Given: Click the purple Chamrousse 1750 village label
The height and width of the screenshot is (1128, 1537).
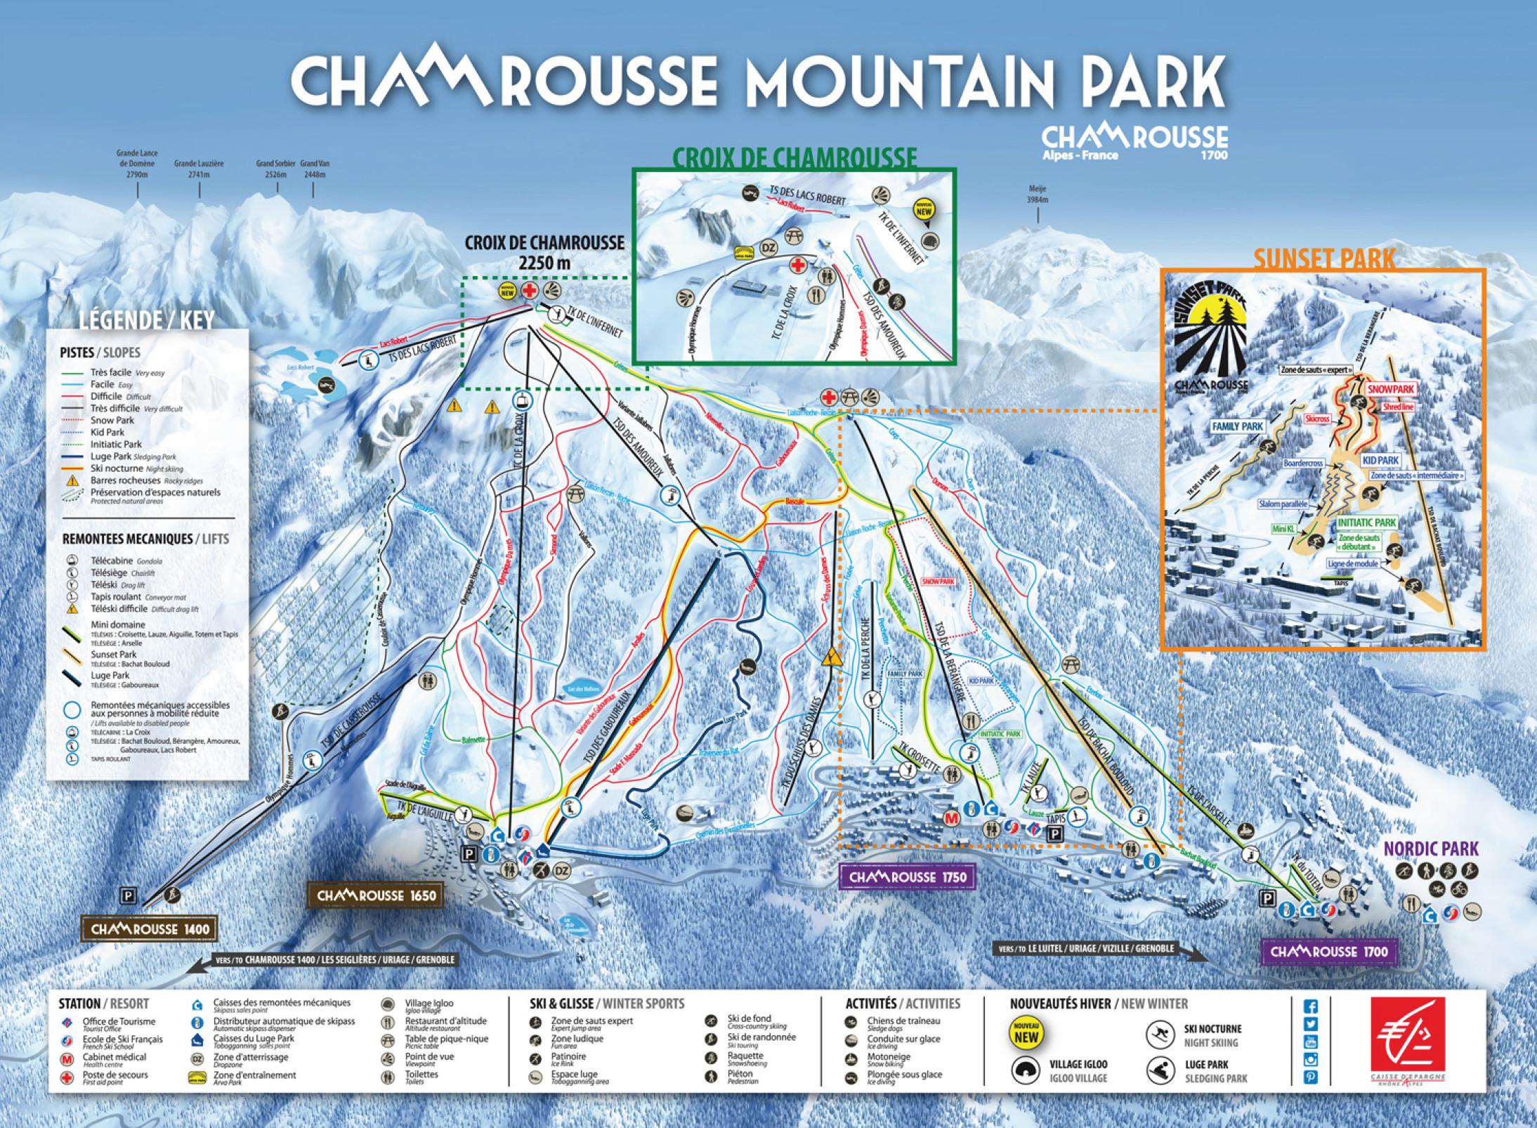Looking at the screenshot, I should coord(908,877).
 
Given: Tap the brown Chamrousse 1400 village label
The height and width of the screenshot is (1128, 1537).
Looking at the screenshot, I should coord(150,929).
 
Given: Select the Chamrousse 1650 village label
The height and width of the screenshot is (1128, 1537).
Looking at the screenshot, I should coord(377,896).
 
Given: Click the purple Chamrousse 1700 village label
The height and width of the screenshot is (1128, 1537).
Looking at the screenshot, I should coord(1329,951).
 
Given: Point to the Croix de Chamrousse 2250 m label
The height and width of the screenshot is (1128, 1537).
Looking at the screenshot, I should coord(544,251).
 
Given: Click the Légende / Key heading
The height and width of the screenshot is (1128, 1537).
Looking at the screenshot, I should coord(147,321).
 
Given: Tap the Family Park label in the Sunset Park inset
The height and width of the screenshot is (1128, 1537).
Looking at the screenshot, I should coord(1237,426).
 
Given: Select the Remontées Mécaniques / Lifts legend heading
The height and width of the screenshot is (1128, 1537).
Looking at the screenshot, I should coord(145,539).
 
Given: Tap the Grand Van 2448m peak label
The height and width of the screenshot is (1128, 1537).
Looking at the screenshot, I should coord(315,169).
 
